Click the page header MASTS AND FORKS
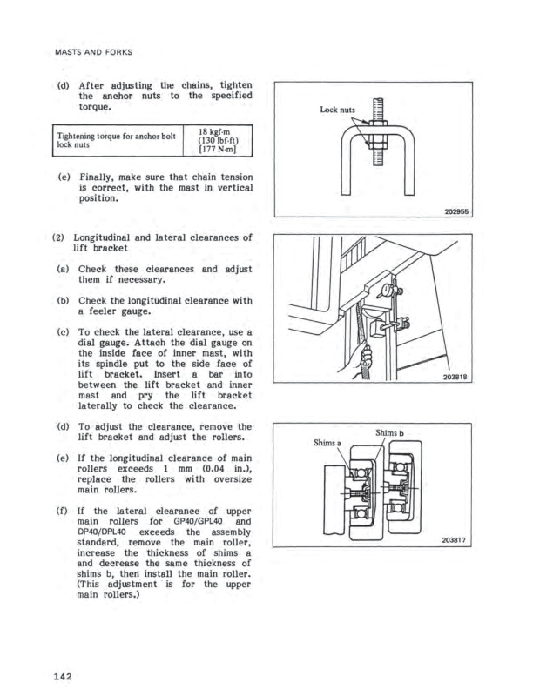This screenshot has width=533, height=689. click(x=95, y=52)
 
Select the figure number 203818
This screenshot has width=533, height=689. click(x=453, y=403)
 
